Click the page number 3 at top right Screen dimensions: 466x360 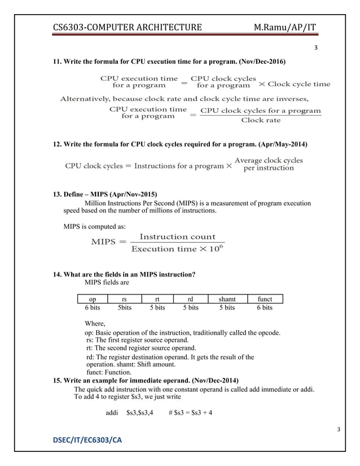pos(316,47)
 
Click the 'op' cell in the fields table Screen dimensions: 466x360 pos(92,300)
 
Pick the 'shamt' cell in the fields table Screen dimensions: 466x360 pos(227,300)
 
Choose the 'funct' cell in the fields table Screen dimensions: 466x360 pos(264,300)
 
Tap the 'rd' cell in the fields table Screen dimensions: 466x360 pos(190,300)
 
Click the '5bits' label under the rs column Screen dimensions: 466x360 pos(124,308)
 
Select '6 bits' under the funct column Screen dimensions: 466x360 pos(264,308)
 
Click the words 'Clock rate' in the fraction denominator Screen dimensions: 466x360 pos(261,120)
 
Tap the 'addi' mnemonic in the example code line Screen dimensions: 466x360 pos(112,412)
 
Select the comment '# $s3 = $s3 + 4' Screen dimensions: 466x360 pos(190,412)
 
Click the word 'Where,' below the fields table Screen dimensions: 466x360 pos(95,323)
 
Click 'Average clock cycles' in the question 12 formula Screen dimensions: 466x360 pos(269,160)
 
